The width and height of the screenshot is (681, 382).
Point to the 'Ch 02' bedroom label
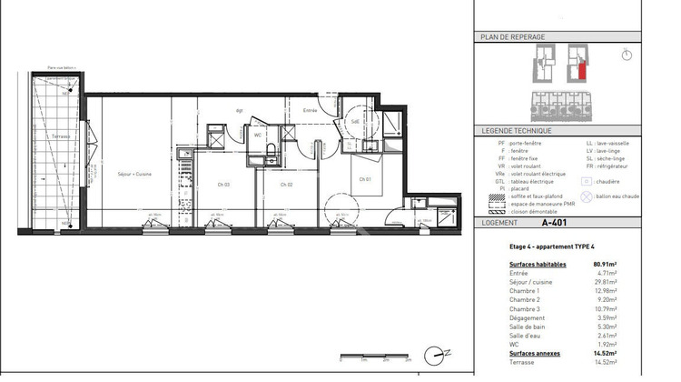286,185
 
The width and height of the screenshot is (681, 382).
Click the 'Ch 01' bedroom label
363,179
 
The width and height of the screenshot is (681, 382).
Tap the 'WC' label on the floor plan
258,136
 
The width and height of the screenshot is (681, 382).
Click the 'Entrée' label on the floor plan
310,111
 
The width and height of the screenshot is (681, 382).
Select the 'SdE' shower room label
356,120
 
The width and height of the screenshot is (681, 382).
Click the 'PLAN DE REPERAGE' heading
511,37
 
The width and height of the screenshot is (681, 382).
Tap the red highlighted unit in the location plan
574,70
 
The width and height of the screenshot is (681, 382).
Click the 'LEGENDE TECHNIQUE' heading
514,132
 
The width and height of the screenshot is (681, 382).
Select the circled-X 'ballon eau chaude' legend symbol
587,196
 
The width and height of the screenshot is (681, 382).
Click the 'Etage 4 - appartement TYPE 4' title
551,246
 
